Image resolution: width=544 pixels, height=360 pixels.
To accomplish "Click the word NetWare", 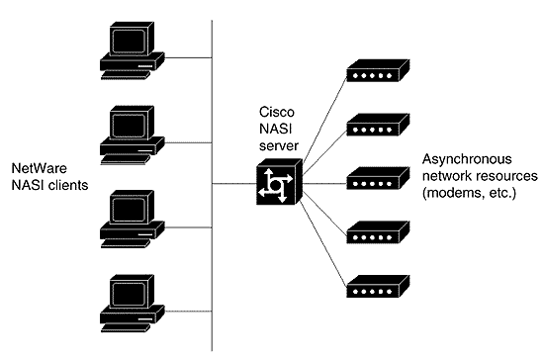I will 35,168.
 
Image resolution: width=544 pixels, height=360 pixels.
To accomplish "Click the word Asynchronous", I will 466,158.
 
